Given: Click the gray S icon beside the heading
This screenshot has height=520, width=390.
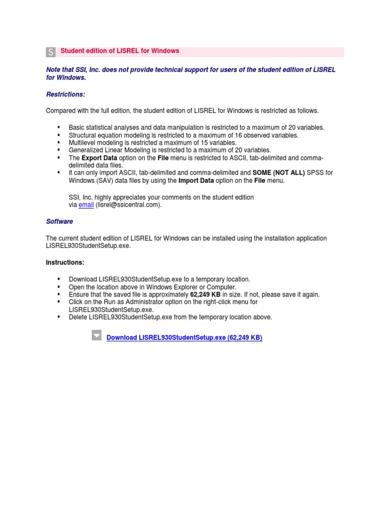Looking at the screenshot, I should tap(51, 52).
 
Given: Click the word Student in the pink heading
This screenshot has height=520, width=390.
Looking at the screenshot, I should tap(72, 51).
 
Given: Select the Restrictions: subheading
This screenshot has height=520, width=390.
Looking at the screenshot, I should tap(66, 94).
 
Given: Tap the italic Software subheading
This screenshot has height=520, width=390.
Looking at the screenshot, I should tap(59, 221).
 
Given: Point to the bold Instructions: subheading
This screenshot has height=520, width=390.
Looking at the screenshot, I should tap(65, 263).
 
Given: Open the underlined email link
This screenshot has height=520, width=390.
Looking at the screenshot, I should tap(86, 205).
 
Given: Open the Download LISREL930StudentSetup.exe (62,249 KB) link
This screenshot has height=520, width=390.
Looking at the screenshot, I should tap(184, 338).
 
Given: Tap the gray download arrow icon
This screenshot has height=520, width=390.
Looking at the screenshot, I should tap(96, 335).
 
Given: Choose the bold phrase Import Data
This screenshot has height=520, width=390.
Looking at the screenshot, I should tap(196, 180).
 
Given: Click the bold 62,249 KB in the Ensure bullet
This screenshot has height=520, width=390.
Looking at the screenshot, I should tap(205, 295).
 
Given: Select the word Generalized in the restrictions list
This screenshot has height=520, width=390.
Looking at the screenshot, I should tap(86, 150).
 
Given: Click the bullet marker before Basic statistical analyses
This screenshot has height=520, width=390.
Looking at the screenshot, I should tap(58, 127).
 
